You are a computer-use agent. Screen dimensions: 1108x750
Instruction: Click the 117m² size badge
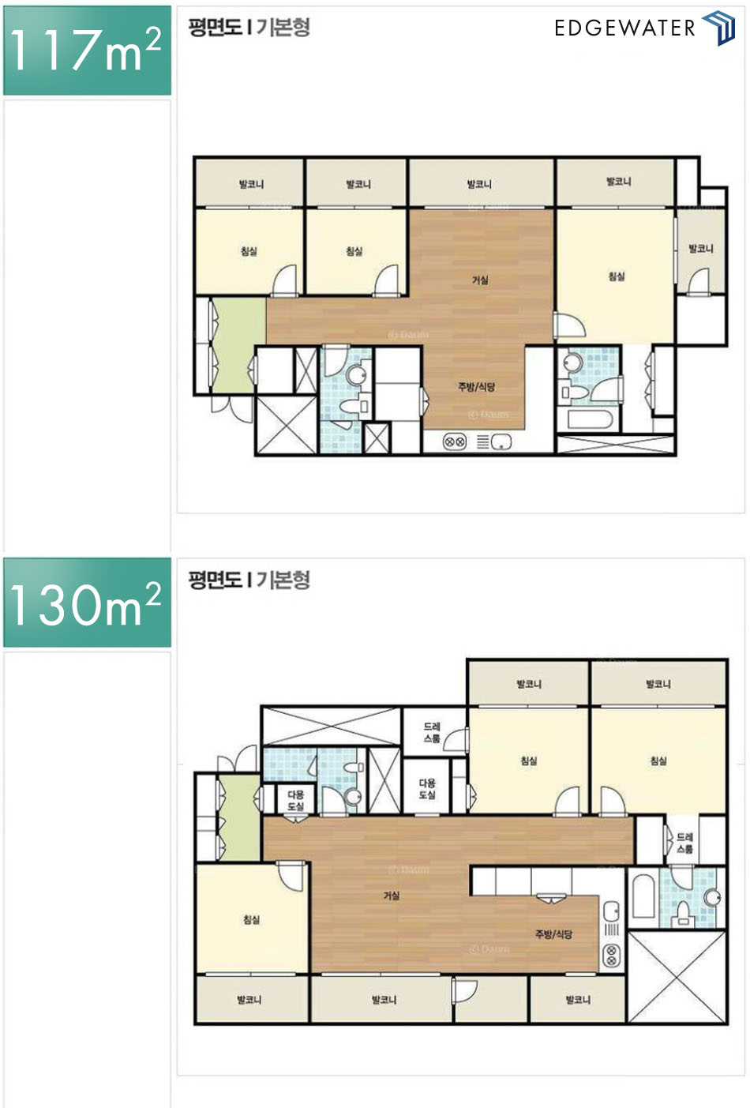pos(87,51)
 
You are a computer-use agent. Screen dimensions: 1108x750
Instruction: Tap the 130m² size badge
pos(87,603)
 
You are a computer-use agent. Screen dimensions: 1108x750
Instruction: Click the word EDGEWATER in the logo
pos(624,28)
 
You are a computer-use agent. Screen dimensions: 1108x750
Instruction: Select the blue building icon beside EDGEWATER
pos(719,28)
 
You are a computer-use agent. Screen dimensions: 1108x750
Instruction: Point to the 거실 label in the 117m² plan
pos(480,280)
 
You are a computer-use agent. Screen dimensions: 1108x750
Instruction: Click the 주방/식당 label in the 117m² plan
pos(477,386)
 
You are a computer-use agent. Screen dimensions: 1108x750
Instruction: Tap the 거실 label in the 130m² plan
pos(392,896)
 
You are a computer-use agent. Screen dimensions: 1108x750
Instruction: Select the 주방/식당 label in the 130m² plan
pos(553,934)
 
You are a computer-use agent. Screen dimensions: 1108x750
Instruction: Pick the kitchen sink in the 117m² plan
pos(501,442)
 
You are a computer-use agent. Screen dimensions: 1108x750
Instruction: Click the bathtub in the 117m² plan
pos(590,419)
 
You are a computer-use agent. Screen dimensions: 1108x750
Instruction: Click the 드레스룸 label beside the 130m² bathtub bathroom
pos(684,843)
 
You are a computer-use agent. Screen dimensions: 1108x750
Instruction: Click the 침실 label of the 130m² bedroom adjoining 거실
pos(251,919)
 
